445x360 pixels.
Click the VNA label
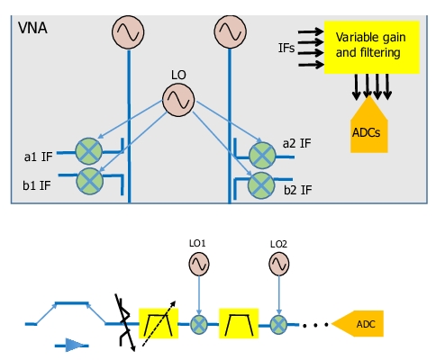(32, 28)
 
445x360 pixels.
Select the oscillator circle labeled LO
(178, 100)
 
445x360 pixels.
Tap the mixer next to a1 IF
(88, 151)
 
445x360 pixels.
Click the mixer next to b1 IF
(90, 181)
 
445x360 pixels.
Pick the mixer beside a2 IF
(262, 156)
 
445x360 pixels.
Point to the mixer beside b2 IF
(261, 185)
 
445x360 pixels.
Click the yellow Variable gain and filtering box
(372, 48)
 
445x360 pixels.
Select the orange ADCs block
(369, 124)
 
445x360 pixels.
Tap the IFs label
(286, 48)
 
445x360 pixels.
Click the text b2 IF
(298, 190)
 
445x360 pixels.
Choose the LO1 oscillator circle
(199, 264)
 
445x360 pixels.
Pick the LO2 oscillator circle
(279, 264)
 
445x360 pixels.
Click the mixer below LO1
(199, 324)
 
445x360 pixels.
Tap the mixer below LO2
(278, 324)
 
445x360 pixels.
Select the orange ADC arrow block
(358, 324)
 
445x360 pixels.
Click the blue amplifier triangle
(74, 345)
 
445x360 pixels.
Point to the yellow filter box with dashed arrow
(159, 323)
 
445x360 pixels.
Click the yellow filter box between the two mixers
(239, 323)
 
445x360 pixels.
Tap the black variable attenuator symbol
(125, 322)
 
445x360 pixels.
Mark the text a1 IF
(38, 157)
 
